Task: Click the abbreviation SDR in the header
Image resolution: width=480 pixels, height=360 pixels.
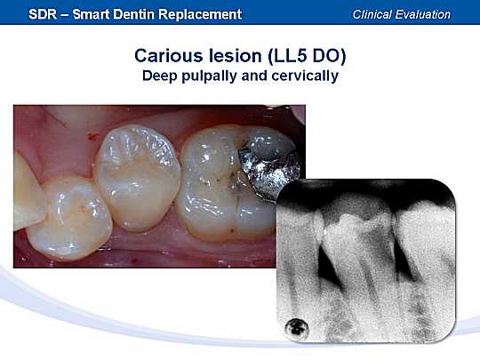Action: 43,14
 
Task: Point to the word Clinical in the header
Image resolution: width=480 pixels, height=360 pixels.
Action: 372,14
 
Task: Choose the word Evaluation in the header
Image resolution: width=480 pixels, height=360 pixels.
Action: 423,14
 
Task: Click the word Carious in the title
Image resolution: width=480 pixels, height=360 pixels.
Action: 169,56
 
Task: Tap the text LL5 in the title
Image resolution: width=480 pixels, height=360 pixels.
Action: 289,56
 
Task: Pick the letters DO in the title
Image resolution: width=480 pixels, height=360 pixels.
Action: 329,56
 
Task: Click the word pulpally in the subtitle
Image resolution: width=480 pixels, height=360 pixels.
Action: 209,76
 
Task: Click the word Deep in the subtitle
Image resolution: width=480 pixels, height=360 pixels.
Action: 160,76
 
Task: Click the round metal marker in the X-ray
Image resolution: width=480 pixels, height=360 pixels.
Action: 296,330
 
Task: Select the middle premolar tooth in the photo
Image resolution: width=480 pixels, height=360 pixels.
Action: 137,178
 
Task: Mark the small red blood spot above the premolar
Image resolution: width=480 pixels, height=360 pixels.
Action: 92,136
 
